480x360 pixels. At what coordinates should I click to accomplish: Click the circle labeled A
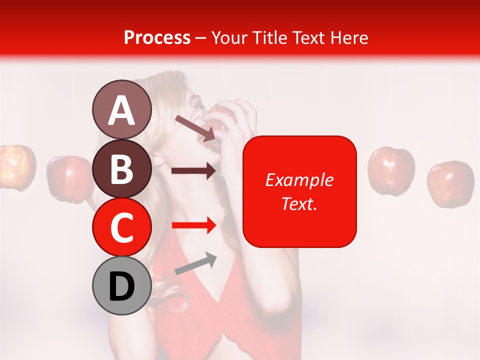tap(121, 110)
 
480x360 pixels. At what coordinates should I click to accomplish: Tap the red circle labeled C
tap(121, 227)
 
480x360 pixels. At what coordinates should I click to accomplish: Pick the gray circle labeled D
tap(121, 286)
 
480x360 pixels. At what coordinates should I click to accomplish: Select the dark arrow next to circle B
tap(193, 171)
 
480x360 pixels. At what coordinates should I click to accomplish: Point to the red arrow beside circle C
tap(193, 225)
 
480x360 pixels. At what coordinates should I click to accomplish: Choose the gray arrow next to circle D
tap(195, 263)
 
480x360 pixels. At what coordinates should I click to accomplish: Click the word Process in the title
tap(157, 37)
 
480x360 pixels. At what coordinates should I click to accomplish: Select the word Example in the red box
tap(299, 180)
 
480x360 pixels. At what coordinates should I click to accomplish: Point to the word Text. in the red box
tap(299, 203)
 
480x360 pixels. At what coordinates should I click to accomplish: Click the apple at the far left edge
tap(16, 166)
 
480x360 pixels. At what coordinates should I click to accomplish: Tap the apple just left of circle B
tap(69, 178)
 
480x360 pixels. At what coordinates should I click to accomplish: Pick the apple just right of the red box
tap(391, 170)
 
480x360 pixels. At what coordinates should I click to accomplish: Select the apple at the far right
tap(450, 183)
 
